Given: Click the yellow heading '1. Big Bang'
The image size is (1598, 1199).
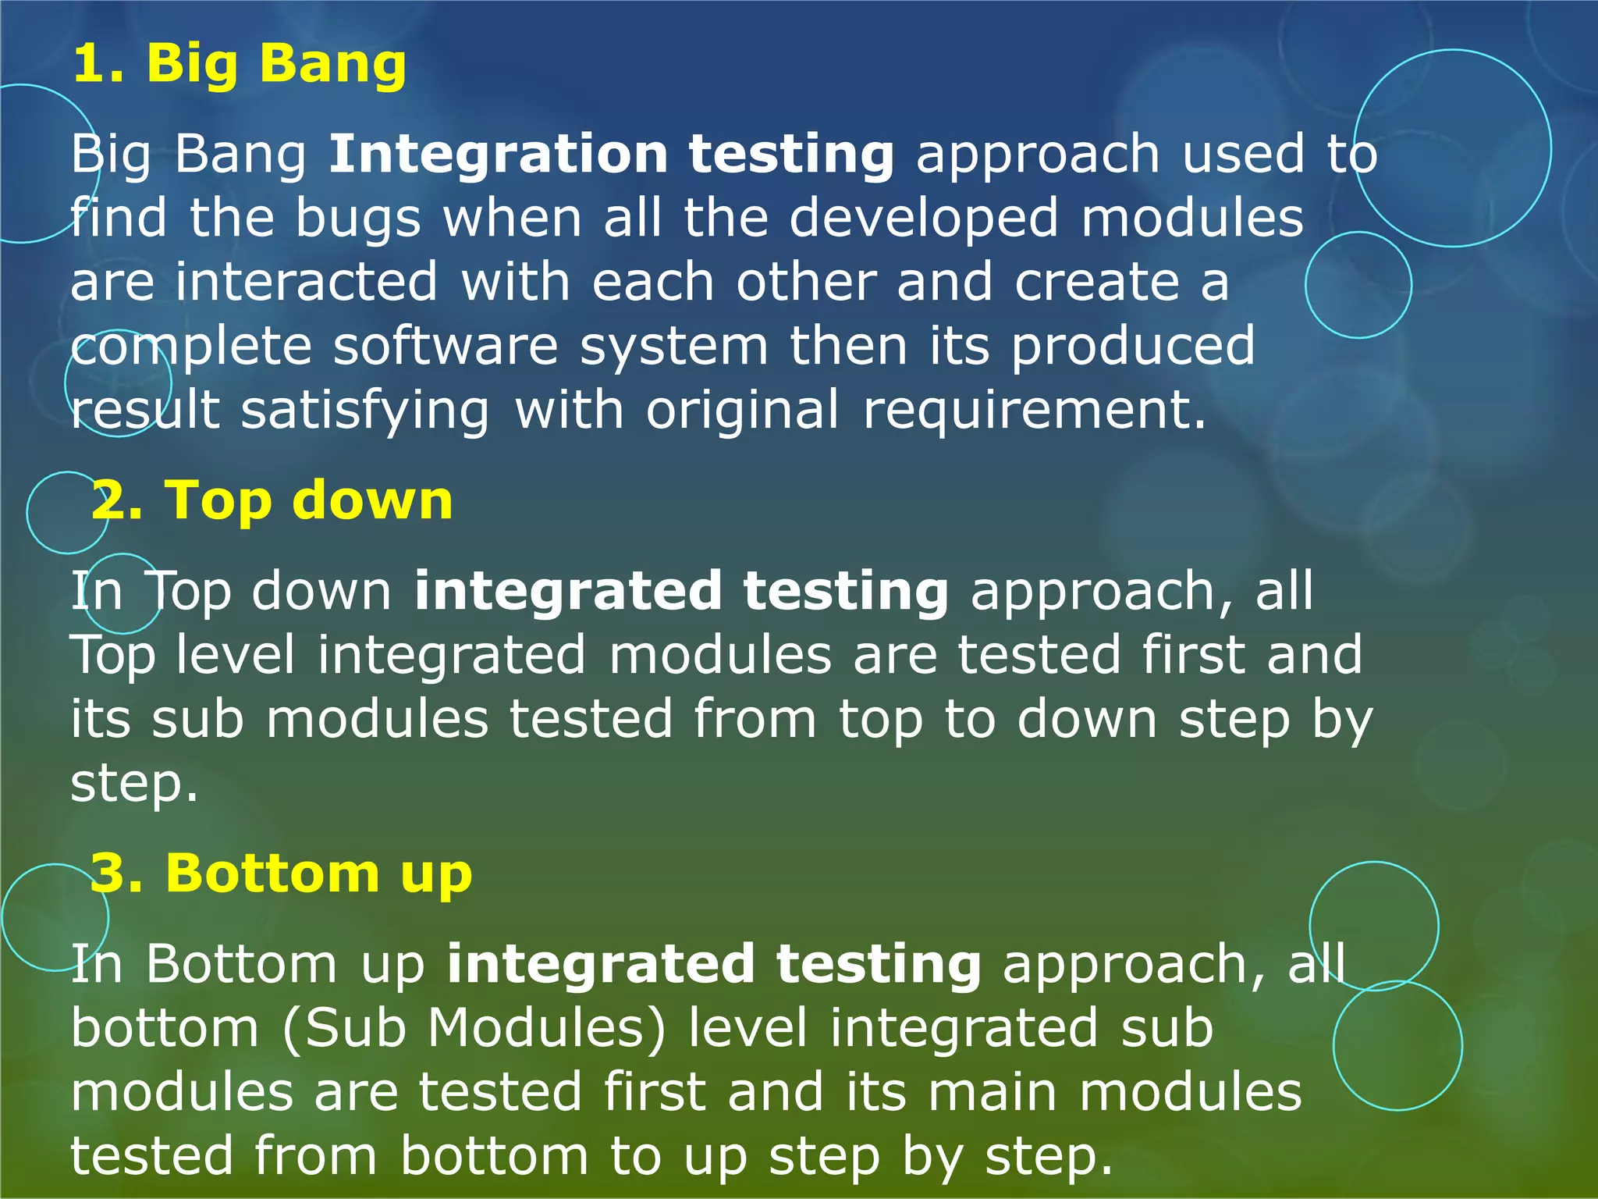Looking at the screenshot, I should click(x=239, y=64).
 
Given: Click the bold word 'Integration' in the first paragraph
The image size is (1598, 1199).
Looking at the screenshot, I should click(x=498, y=154).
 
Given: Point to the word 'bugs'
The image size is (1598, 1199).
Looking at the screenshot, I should click(x=357, y=219).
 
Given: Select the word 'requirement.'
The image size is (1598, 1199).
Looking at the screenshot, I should click(x=1034, y=410).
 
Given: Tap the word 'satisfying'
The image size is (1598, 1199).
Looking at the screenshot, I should click(x=364, y=411).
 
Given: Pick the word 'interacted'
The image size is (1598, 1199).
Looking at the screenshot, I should click(x=306, y=282).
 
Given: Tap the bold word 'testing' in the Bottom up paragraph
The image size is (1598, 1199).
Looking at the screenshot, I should click(x=879, y=964).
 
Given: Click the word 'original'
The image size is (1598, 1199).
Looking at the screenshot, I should click(x=742, y=410).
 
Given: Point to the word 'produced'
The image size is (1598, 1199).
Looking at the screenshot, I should click(x=1133, y=346).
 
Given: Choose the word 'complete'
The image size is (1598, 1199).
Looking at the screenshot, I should click(x=190, y=347).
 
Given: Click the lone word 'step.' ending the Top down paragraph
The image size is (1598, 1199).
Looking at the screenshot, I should click(x=134, y=784).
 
